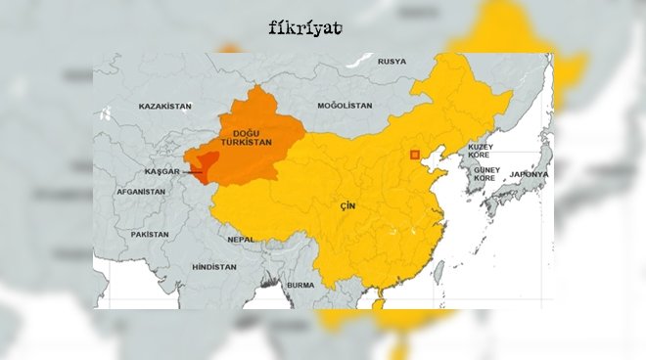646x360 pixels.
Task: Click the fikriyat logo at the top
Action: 304,27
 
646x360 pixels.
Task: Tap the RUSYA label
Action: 392,62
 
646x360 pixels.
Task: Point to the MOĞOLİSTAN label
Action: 345,106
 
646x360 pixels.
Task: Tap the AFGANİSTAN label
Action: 141,192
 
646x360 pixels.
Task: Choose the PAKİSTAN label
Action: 150,235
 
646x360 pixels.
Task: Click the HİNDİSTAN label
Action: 214,267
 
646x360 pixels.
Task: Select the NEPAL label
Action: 241,239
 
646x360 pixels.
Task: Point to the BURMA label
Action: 301,286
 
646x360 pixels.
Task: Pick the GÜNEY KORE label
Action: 486,174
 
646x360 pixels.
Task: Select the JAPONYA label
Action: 530,174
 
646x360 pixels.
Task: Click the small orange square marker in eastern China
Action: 415,154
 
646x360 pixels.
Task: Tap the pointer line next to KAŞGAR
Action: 195,173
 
